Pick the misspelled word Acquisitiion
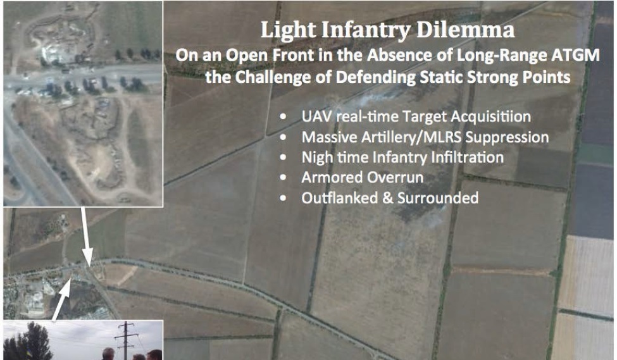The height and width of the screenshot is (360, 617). (x=490, y=117)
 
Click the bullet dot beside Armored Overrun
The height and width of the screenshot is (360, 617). (x=283, y=178)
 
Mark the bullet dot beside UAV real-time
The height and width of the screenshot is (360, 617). (x=283, y=117)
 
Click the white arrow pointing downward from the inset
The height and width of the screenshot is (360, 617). (x=85, y=237)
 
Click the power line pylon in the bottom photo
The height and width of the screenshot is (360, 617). (x=125, y=340)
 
